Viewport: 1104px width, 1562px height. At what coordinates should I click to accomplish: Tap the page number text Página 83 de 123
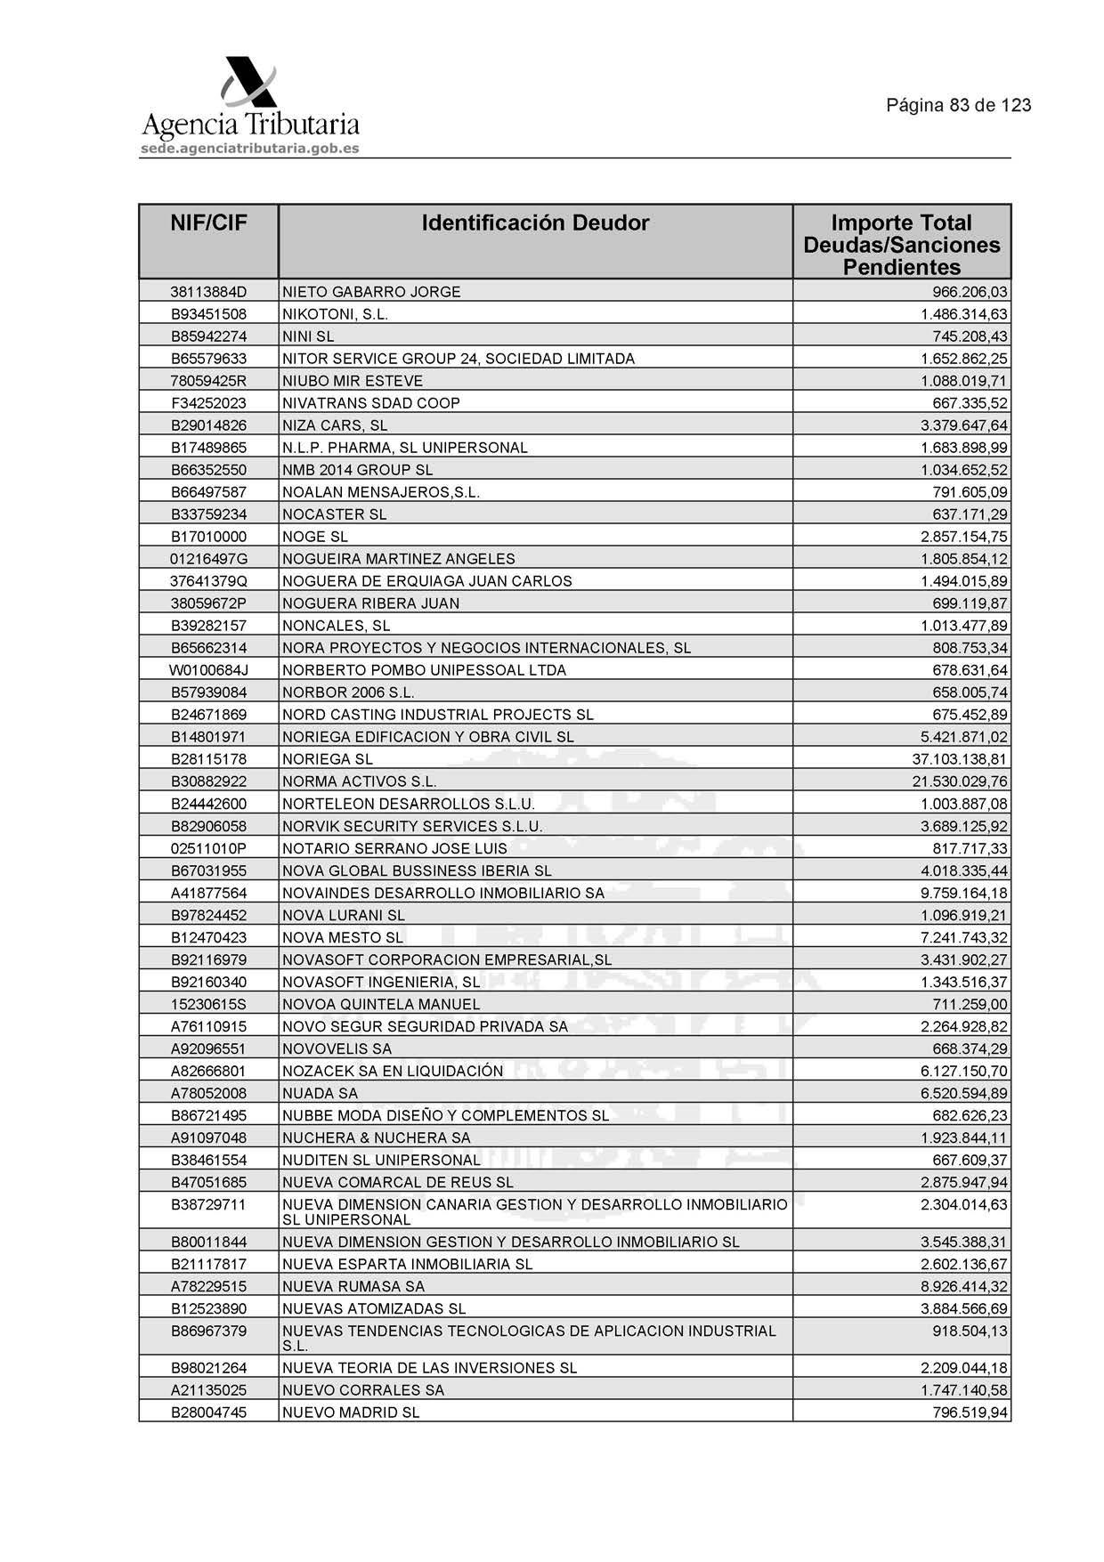[958, 105]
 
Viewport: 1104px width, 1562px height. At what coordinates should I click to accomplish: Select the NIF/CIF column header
[208, 223]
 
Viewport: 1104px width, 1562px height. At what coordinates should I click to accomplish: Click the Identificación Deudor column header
[535, 223]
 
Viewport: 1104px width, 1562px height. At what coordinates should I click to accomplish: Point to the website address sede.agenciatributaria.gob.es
[249, 149]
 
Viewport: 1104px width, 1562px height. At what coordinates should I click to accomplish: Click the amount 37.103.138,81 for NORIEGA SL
[960, 759]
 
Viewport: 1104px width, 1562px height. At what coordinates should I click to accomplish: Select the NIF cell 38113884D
[208, 292]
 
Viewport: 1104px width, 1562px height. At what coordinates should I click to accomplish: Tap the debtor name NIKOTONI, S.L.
[335, 314]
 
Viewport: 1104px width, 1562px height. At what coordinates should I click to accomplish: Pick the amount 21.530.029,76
[960, 781]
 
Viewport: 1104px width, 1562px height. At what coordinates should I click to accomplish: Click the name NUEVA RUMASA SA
[353, 1286]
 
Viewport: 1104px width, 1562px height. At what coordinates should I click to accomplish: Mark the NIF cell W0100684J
[208, 670]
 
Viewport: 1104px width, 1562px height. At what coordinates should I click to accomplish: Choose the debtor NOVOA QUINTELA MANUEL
[380, 1004]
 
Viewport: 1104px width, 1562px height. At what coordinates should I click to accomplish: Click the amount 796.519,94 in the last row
[970, 1412]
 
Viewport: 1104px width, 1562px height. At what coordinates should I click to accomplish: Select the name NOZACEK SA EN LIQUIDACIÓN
[392, 1071]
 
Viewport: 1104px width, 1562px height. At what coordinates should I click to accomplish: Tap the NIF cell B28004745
[208, 1412]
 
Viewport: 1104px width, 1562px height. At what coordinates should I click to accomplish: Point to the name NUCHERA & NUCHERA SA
[376, 1137]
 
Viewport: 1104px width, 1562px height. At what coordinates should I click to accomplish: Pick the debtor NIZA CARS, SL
[334, 425]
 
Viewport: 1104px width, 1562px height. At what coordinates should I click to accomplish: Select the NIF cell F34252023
[208, 403]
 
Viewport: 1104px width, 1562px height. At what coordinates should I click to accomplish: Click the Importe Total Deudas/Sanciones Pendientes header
[901, 245]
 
